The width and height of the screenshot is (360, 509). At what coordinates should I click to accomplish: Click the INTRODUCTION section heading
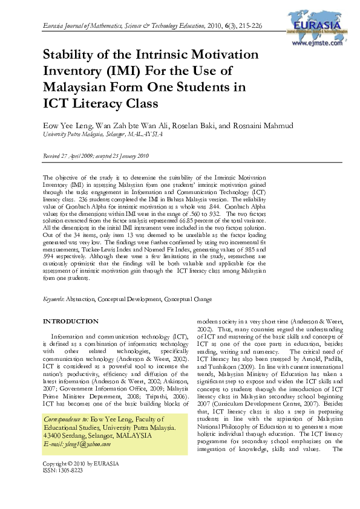point(70,321)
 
